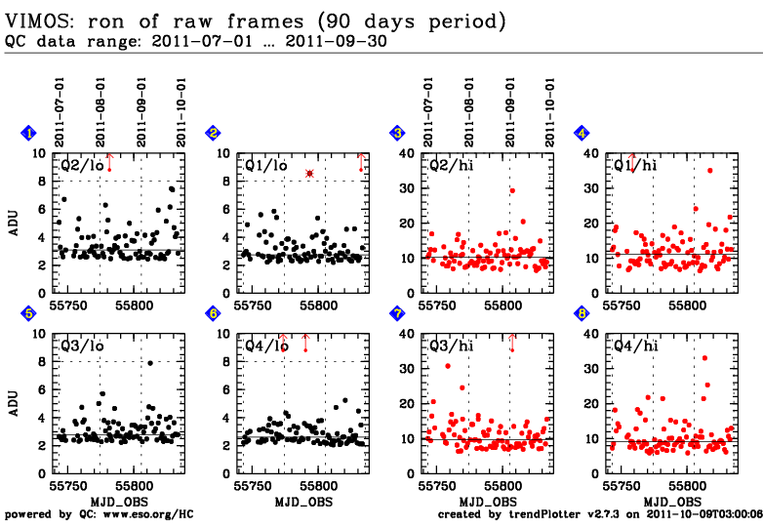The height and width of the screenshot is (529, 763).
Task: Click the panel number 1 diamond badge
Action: click(x=29, y=133)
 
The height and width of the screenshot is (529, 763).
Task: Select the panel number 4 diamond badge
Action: click(x=582, y=133)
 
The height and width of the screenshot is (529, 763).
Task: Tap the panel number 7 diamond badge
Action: click(x=397, y=313)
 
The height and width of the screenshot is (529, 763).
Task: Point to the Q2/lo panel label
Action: click(x=81, y=166)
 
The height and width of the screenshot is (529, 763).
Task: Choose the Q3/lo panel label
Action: click(x=81, y=346)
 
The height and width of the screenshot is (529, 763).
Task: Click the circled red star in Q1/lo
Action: click(x=309, y=173)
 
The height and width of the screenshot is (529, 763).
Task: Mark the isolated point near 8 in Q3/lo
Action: click(x=150, y=362)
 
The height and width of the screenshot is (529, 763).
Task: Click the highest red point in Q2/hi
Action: click(x=512, y=190)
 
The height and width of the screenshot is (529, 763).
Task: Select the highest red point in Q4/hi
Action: click(x=704, y=358)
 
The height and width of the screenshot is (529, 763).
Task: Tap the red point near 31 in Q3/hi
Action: click(x=448, y=366)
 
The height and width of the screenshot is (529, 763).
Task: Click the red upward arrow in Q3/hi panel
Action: click(x=511, y=340)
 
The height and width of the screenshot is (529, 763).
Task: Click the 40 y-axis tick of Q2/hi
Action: click(x=411, y=153)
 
